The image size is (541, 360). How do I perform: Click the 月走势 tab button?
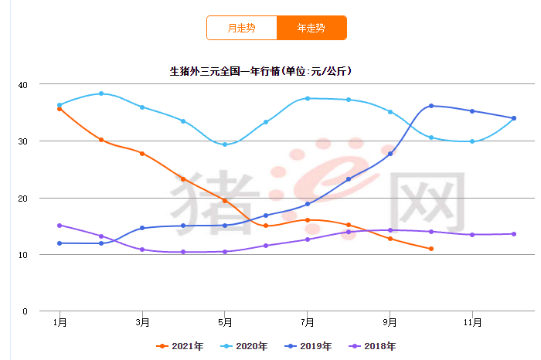click(x=241, y=28)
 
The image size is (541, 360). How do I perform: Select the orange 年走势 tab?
click(x=311, y=28)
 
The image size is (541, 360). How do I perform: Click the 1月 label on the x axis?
click(x=60, y=321)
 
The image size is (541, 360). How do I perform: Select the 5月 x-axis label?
click(x=225, y=321)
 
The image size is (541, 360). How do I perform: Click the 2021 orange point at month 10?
click(x=431, y=249)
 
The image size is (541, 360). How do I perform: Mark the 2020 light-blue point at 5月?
click(x=225, y=144)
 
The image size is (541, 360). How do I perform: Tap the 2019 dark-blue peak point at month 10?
click(x=431, y=106)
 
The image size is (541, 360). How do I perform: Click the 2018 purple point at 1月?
click(x=60, y=226)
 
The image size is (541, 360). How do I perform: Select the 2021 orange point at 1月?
click(x=60, y=109)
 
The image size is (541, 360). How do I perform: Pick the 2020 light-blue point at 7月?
click(x=308, y=98)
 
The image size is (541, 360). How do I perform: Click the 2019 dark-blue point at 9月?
click(x=390, y=154)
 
